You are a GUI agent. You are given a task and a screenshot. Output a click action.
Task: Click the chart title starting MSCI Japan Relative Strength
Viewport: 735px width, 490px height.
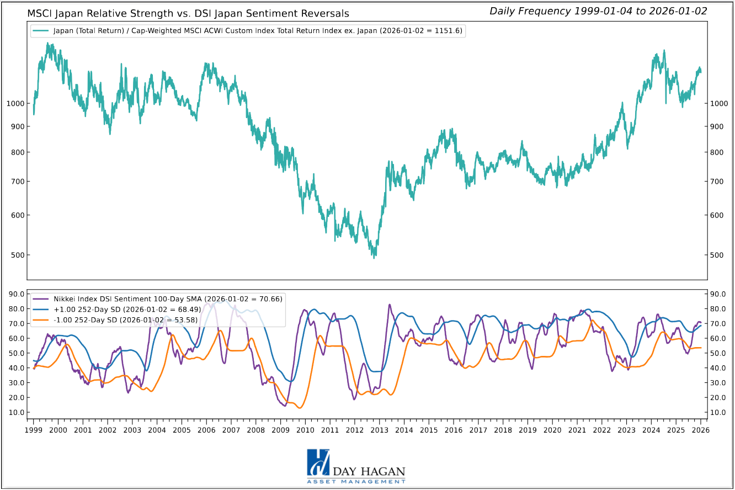pyautogui.click(x=188, y=13)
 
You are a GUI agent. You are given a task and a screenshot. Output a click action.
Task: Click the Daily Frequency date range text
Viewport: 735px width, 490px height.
pyautogui.click(x=598, y=11)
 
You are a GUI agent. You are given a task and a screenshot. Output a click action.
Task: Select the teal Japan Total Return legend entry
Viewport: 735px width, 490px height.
pyautogui.click(x=248, y=31)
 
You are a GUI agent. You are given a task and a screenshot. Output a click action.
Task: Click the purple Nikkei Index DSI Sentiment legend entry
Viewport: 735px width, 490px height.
pyautogui.click(x=160, y=299)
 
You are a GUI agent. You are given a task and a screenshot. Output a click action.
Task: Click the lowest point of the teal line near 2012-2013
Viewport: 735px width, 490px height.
pyautogui.click(x=374, y=257)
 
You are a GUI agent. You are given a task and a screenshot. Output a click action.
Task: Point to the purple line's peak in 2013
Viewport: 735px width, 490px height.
pyautogui.click(x=390, y=305)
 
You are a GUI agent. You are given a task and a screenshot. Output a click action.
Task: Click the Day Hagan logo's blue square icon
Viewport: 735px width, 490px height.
pyautogui.click(x=318, y=463)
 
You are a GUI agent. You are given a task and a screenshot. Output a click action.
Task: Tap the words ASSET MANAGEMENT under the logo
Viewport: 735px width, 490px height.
pyautogui.click(x=356, y=482)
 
